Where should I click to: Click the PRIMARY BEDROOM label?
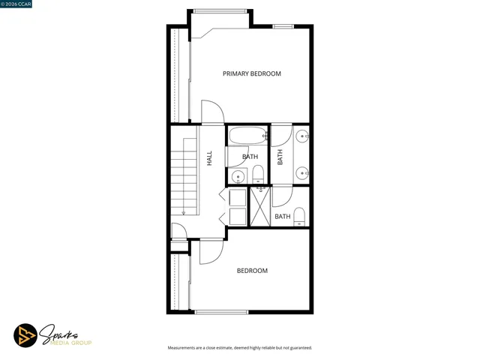(252, 73)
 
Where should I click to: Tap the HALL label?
(209, 158)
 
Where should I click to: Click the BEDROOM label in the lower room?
(252, 271)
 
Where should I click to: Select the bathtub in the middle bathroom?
(247, 136)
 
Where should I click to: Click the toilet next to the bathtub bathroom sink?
(258, 175)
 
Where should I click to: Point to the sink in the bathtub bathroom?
(237, 177)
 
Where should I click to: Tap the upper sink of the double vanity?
(301, 136)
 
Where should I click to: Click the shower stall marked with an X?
(259, 207)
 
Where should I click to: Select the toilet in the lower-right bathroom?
(300, 217)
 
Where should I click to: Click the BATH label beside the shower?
(282, 217)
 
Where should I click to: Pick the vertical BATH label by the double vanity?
(280, 157)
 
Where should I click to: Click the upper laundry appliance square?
(237, 198)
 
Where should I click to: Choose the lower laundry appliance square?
(237, 217)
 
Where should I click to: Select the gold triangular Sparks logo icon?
(25, 335)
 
